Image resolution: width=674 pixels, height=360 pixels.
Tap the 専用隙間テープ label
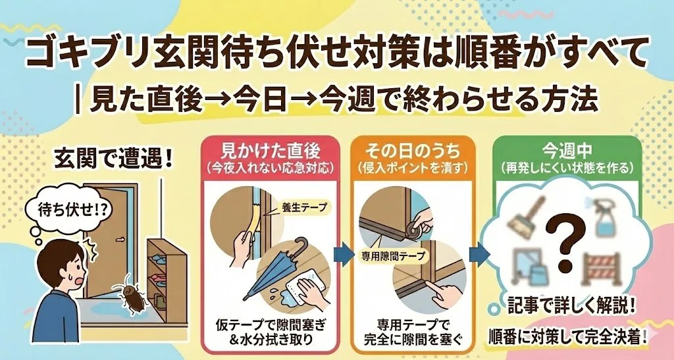coord(392,253)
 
